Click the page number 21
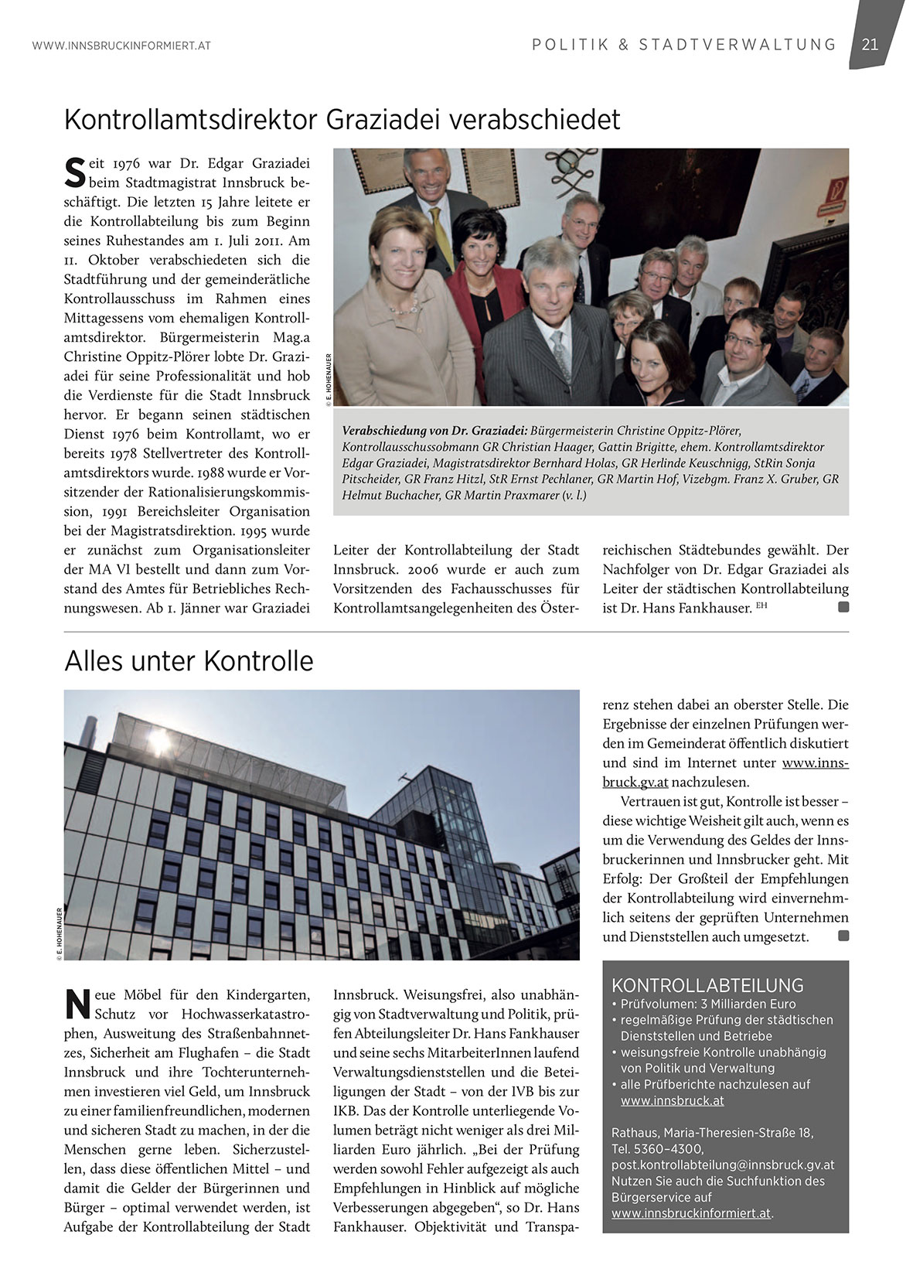click(870, 45)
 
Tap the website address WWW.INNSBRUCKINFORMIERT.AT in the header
click(121, 46)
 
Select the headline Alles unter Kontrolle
click(189, 661)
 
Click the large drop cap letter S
click(74, 172)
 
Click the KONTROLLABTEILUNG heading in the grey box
click(707, 985)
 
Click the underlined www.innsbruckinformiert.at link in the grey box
click(691, 1213)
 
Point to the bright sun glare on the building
click(160, 744)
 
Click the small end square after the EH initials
click(843, 608)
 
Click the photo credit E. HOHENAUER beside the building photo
click(58, 935)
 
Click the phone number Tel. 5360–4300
click(657, 1149)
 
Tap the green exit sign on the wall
click(833, 188)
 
